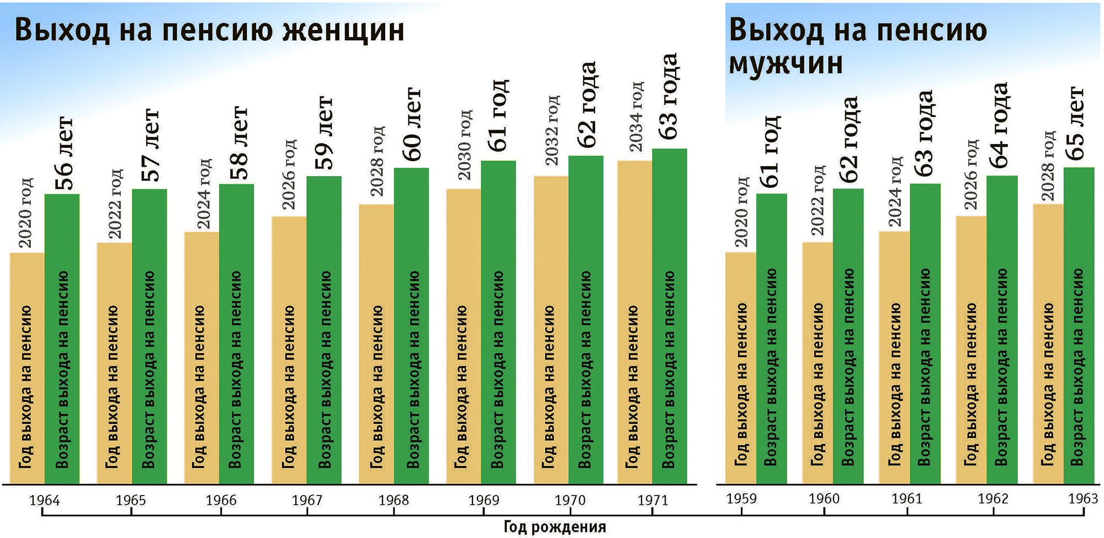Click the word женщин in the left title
tap(343, 30)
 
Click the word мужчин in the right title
tap(786, 63)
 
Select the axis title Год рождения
tap(555, 527)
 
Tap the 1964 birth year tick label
tap(44, 500)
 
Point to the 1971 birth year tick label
tap(652, 500)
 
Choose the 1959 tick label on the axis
tap(741, 499)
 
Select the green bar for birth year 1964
tap(62, 339)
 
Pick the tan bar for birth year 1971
tap(634, 323)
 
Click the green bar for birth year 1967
tap(324, 331)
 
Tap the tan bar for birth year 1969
tap(463, 337)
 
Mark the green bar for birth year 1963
tap(1079, 326)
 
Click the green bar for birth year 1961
tap(925, 334)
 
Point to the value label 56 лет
tap(64, 153)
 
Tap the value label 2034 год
tap(636, 116)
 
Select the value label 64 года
tap(999, 125)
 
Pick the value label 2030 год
tap(464, 145)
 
